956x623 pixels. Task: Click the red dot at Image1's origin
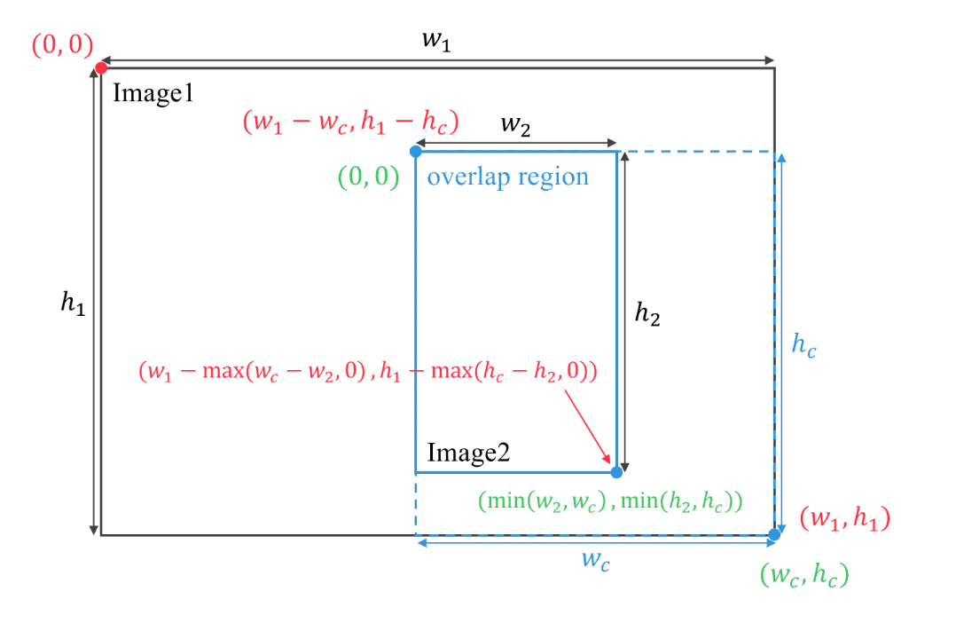point(101,67)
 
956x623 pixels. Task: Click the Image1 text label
point(153,93)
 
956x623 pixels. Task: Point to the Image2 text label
point(468,453)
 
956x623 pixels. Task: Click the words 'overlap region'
point(508,177)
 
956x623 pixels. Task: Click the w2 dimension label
point(515,124)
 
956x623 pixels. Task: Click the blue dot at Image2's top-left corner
point(416,152)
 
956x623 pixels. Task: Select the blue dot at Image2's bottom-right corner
point(616,472)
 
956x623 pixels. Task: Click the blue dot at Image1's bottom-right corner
point(774,534)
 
